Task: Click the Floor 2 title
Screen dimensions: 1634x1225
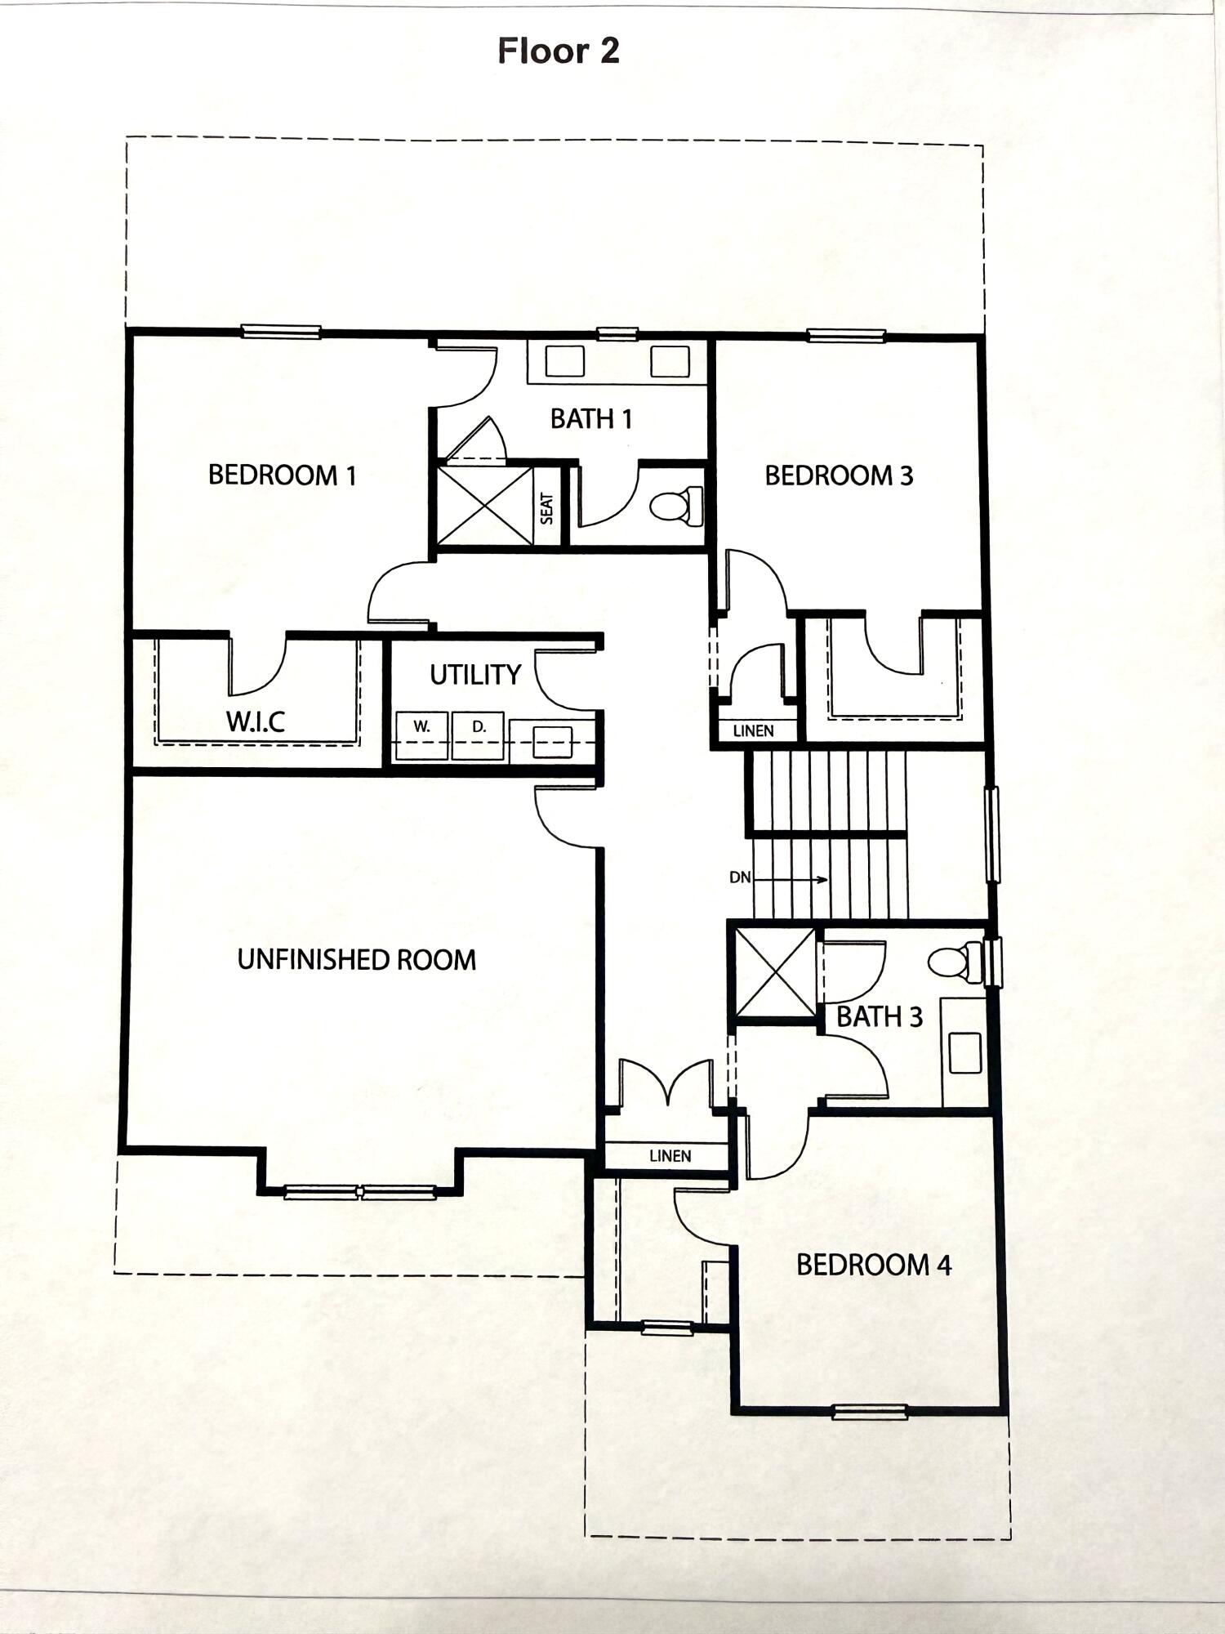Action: (559, 51)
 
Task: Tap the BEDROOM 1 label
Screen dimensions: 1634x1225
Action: (283, 475)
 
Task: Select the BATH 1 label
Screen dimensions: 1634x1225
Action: (590, 419)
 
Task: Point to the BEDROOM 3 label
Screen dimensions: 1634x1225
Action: (839, 475)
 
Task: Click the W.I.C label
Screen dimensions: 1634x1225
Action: (256, 721)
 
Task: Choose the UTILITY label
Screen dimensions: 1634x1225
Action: (475, 675)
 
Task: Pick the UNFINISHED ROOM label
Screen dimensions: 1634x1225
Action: (357, 959)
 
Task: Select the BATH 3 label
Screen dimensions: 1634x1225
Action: (880, 1017)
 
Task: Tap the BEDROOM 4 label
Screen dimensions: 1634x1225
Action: (873, 1266)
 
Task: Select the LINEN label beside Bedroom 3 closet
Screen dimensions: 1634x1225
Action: (753, 730)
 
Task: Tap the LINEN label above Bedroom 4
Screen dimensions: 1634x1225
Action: (670, 1156)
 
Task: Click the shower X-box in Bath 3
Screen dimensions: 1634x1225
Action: (775, 972)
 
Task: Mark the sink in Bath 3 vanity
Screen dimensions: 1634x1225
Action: (964, 1053)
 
